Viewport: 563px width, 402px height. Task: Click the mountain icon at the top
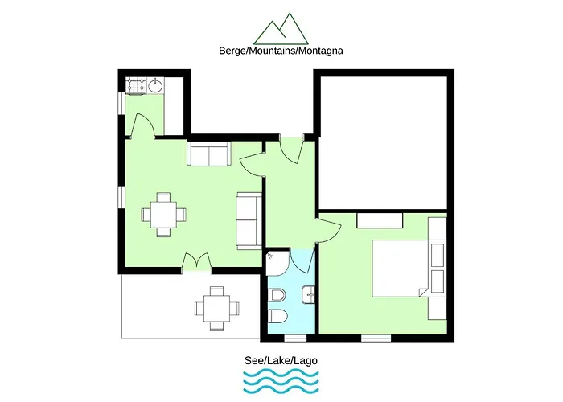point(281,30)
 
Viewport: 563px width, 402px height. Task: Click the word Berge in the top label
point(232,51)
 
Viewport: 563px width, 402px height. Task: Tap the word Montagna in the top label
point(321,51)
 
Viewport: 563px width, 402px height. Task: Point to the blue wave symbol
point(281,383)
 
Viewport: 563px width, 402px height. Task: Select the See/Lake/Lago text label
point(281,360)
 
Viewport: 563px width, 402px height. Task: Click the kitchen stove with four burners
point(136,86)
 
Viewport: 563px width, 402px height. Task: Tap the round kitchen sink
point(155,86)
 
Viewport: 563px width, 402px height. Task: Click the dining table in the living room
point(164,215)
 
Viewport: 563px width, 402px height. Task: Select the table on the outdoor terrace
point(217,308)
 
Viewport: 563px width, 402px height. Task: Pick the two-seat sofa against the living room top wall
point(209,154)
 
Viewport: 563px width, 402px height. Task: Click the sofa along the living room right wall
point(249,221)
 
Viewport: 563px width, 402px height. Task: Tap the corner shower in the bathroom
point(278,263)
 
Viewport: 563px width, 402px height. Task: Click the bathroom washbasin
point(308,295)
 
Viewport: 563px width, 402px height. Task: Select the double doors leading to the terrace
point(196,261)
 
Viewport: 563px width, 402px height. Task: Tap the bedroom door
point(328,229)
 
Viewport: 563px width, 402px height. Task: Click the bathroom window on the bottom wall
point(295,338)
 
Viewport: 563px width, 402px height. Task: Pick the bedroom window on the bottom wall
point(376,338)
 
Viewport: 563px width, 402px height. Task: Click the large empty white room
point(384,142)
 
